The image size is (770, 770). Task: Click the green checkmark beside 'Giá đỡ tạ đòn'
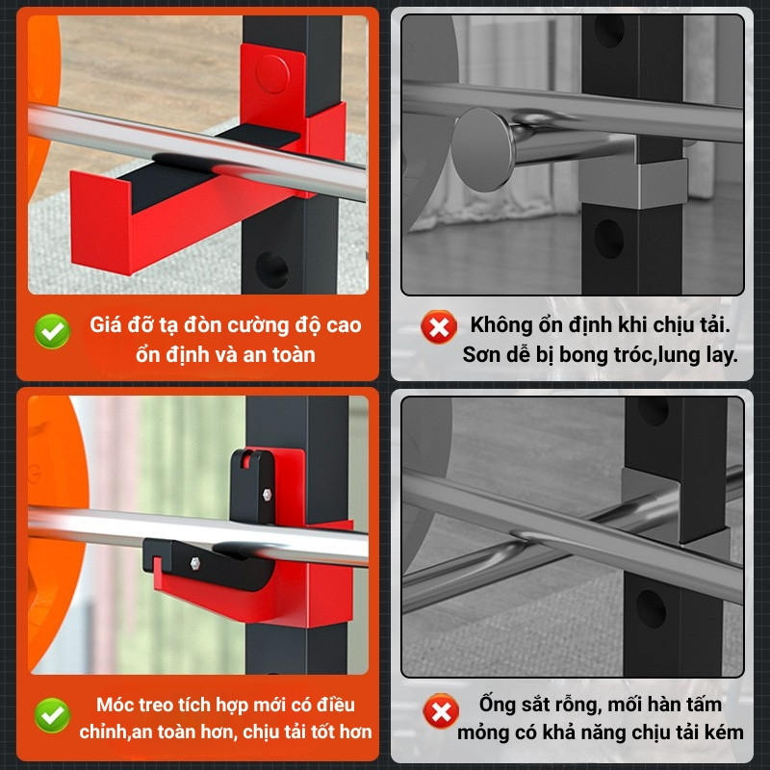point(52,331)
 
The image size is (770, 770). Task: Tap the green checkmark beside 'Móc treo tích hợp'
point(52,715)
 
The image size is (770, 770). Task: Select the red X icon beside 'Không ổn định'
point(439,327)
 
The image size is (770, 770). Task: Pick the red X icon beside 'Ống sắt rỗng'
point(441,710)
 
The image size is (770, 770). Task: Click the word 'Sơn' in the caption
point(480,354)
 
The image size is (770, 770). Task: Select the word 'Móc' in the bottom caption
point(113,705)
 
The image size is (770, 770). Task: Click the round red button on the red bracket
point(272,74)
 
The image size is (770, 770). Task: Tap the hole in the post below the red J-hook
point(271,269)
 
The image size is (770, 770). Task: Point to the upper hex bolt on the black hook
point(267,494)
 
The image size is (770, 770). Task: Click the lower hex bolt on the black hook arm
point(194,562)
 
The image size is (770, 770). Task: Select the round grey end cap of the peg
point(484,149)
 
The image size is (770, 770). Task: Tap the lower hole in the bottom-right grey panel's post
point(651,609)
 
